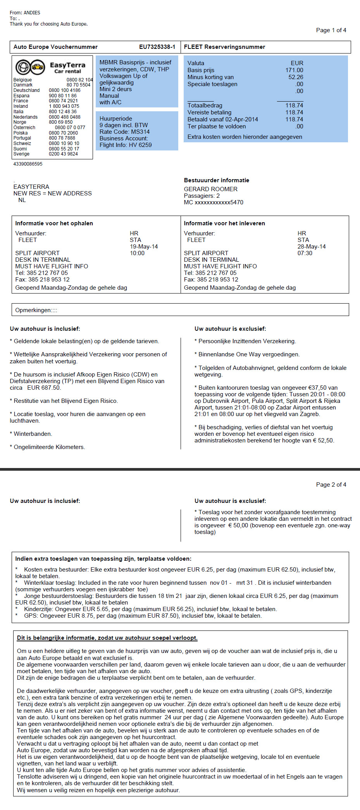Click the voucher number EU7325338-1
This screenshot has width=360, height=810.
[x=157, y=47]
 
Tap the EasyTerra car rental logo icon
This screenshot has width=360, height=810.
[x=30, y=67]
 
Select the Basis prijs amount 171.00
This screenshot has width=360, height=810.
[x=294, y=70]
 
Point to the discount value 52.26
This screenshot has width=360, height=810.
[x=296, y=77]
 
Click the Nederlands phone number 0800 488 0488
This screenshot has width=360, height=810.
[x=65, y=117]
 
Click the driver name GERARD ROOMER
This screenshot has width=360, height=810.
[x=210, y=189]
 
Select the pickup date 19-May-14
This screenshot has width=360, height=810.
[x=144, y=247]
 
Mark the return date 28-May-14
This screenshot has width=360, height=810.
[x=312, y=247]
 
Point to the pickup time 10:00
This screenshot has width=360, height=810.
[x=137, y=253]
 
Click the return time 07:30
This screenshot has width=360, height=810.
[x=305, y=253]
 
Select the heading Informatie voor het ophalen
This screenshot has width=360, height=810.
[x=54, y=223]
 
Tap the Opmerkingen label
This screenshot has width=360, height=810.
[x=36, y=310]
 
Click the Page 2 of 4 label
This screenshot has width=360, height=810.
[x=331, y=485]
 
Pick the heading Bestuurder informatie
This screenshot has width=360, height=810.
[x=216, y=180]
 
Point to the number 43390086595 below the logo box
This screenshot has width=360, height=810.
[x=28, y=164]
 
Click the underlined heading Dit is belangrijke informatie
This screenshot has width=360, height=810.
[x=107, y=638]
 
